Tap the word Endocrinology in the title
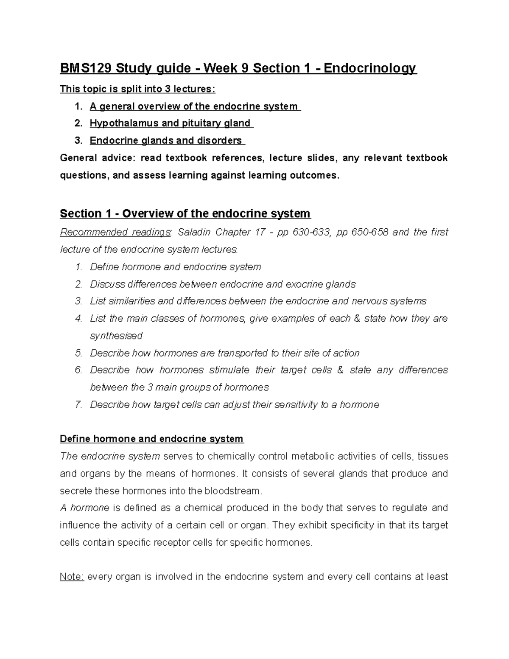(370, 68)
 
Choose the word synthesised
(116, 336)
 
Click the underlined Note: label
(72, 577)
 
